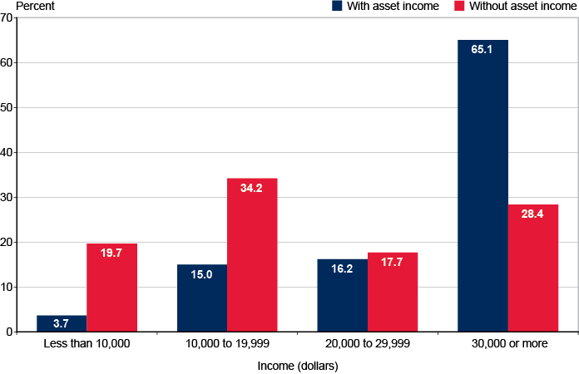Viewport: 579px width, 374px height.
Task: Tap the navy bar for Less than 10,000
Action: pos(62,324)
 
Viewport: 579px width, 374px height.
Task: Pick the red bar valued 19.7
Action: pos(111,288)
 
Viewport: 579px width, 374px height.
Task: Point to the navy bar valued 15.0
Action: pos(202,298)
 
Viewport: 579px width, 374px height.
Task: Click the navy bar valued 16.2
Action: pos(343,295)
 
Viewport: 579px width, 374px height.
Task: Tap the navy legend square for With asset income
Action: pos(337,6)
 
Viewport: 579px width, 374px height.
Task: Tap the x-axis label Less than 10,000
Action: pos(87,343)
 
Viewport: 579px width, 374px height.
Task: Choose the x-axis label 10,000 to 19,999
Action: pos(227,343)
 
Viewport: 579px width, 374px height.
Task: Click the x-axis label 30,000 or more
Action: pos(508,343)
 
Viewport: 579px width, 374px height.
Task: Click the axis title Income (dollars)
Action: pos(298,364)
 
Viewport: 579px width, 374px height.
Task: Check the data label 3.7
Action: pos(62,322)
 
